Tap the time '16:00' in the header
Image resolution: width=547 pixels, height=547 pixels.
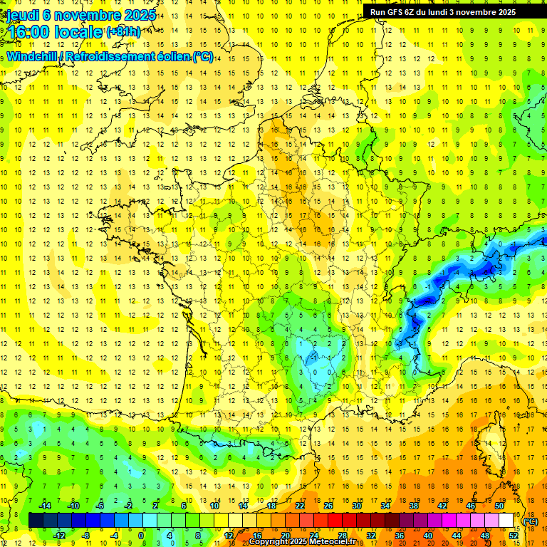(x=30, y=32)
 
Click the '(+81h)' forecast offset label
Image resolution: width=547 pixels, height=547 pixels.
(x=123, y=32)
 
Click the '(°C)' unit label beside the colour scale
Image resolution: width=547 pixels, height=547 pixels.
(x=531, y=522)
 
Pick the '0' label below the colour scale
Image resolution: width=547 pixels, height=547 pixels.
(x=141, y=536)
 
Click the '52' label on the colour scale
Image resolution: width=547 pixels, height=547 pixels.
(x=513, y=536)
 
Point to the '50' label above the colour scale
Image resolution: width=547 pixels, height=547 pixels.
(x=499, y=506)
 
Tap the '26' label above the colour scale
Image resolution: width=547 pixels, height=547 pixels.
(x=328, y=506)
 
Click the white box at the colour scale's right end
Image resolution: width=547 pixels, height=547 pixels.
(x=506, y=521)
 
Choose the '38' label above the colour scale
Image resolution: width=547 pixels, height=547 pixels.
(x=413, y=506)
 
